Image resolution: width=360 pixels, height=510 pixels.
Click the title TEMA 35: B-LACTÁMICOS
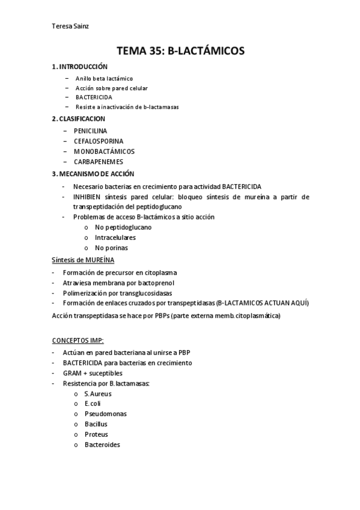[180, 51]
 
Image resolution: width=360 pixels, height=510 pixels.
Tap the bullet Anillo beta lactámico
[104, 79]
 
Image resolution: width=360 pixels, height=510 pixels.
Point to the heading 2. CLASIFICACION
[78, 118]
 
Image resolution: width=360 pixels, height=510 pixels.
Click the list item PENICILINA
[90, 130]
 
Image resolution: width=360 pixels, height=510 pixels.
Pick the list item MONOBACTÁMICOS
[104, 152]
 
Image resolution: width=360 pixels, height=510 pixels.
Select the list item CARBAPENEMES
[99, 162]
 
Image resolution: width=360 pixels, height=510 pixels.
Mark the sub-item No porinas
[111, 247]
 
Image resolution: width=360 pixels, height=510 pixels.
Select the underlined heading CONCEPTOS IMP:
[78, 340]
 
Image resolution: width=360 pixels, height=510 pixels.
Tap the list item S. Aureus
[98, 394]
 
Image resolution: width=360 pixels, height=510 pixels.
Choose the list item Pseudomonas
[105, 414]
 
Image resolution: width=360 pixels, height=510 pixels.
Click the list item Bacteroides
[102, 444]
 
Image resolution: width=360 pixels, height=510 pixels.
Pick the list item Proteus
[96, 434]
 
